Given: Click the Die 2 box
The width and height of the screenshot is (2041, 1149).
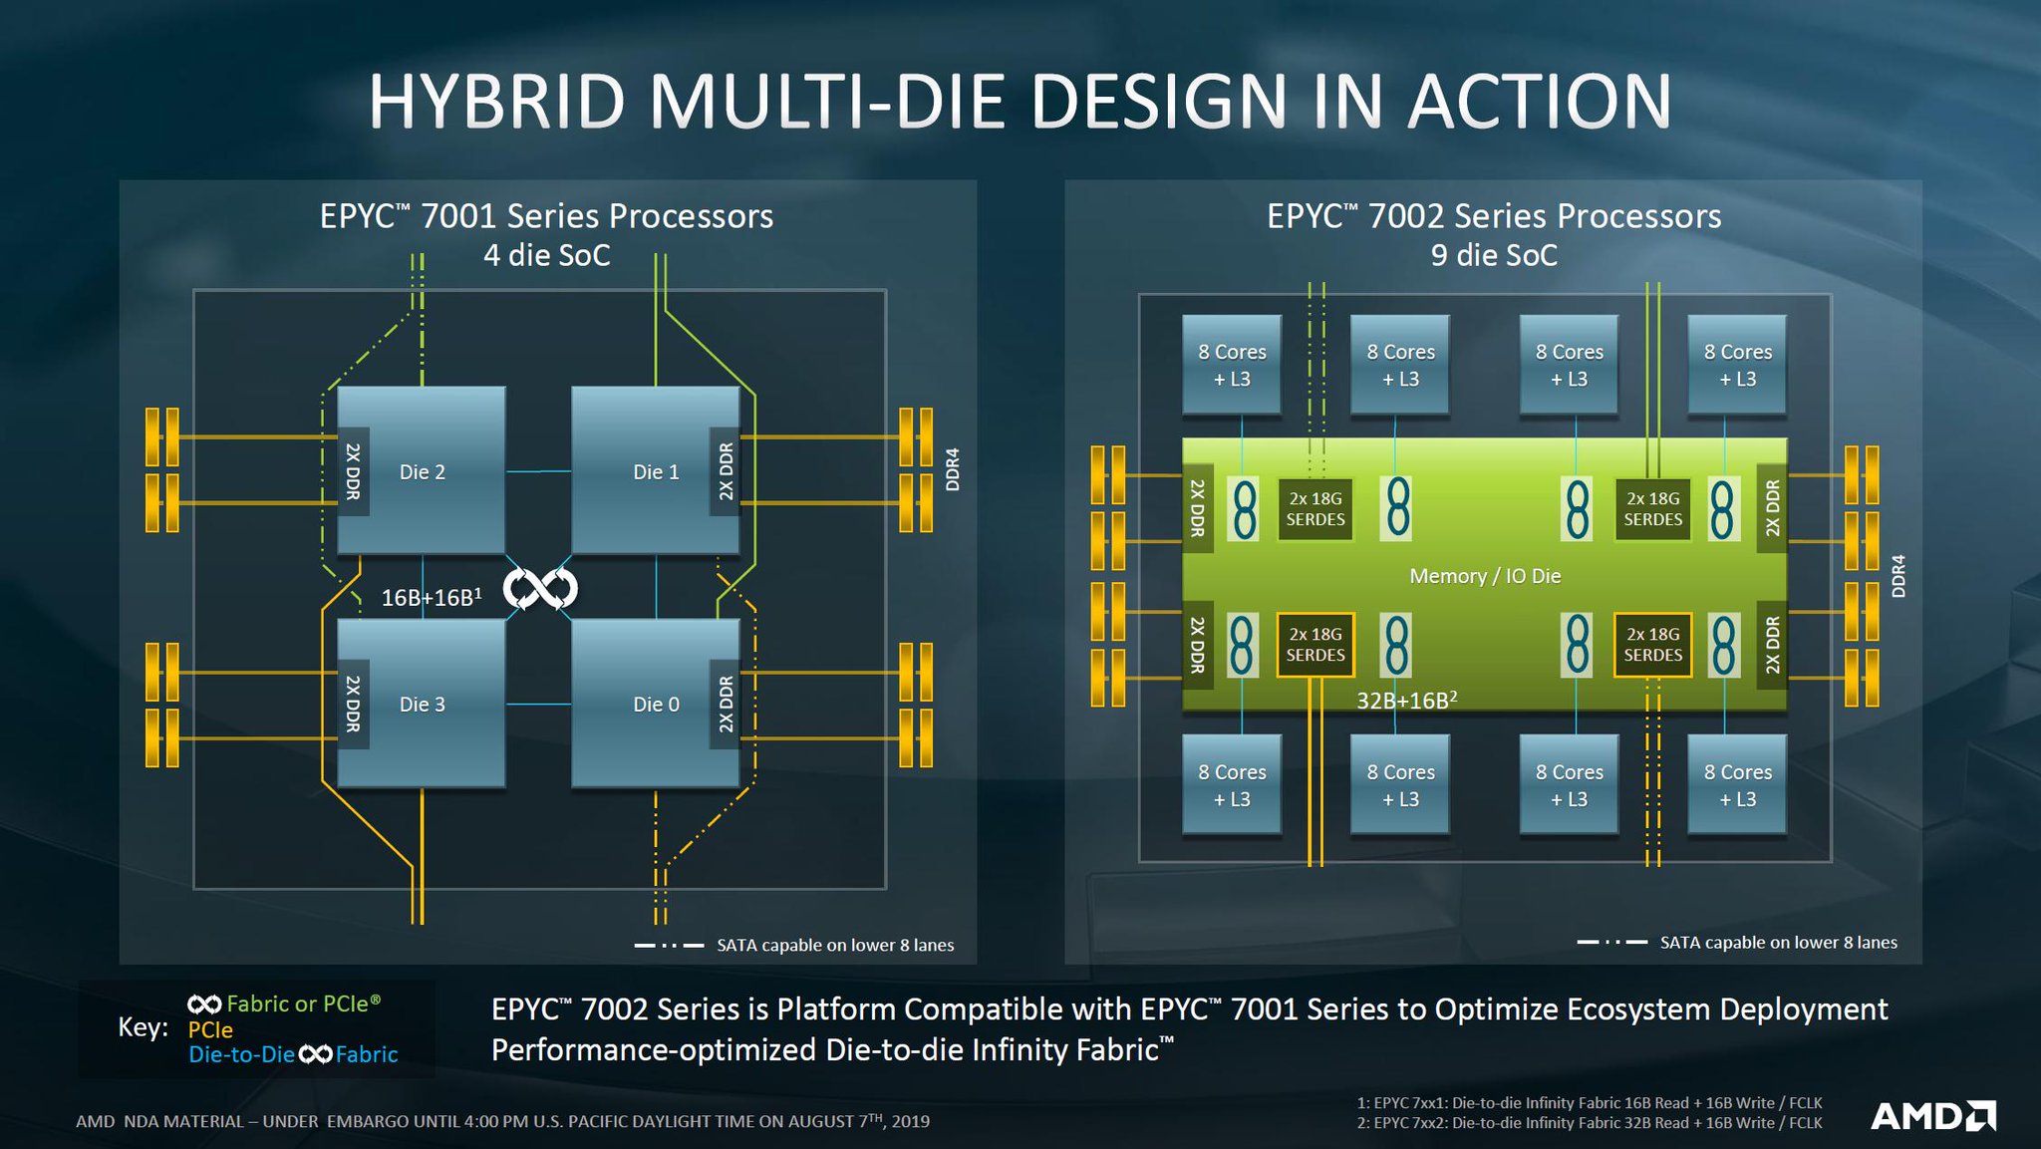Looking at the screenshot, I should click(422, 470).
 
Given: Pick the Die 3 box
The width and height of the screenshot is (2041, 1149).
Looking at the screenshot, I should click(422, 704).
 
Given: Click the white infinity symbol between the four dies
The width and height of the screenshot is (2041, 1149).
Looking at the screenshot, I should click(540, 589).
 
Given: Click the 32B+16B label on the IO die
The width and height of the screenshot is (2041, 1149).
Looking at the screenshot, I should click(1405, 700).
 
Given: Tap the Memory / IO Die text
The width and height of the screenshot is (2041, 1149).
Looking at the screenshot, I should click(1484, 576).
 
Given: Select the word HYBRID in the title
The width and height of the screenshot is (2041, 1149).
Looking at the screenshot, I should click(496, 102).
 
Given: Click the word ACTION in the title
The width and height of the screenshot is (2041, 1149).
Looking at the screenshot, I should click(1539, 102).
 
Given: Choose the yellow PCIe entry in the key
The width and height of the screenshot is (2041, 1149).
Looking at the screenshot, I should click(210, 1029).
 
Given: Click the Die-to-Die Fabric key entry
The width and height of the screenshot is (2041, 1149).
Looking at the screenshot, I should click(292, 1054).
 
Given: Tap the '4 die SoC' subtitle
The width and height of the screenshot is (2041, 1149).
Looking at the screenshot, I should click(546, 255).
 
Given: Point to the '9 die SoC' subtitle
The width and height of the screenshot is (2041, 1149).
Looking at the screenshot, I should click(1493, 255).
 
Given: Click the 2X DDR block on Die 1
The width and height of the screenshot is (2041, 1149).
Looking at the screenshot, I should click(725, 471).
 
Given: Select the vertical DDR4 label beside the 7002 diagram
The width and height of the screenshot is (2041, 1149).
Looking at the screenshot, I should click(1897, 576).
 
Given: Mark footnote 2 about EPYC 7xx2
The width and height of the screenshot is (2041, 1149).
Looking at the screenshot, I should click(1589, 1123).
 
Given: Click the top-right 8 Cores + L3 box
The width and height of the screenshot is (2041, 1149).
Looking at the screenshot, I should click(1737, 365).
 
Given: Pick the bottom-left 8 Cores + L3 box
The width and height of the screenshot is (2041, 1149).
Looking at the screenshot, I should click(1231, 784).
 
